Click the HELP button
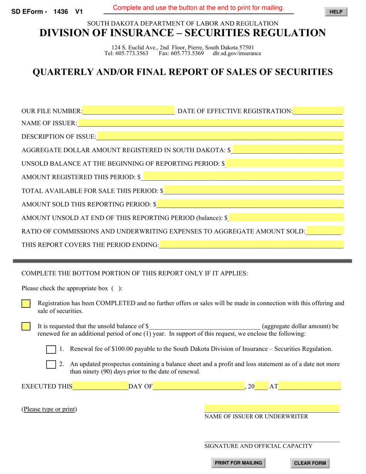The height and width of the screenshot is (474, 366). point(336,12)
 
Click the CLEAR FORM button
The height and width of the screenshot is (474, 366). point(310,463)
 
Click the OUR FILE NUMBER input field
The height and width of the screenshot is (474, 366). point(128,111)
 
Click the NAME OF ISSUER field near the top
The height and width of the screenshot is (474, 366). point(210,123)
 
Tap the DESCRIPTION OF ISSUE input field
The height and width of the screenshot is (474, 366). point(220,136)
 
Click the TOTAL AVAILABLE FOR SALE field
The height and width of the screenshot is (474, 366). point(254,190)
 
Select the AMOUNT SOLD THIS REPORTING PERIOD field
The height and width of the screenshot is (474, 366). point(250,204)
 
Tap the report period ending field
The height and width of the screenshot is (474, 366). point(251,245)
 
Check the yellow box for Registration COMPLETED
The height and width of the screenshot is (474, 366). point(26,304)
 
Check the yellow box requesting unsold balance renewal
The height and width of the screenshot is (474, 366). point(26,326)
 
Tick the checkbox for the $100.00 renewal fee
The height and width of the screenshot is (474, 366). point(51,350)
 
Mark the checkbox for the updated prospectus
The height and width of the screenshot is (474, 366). point(51,364)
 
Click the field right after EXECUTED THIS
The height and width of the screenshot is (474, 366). point(100,386)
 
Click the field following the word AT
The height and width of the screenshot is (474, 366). point(309,386)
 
